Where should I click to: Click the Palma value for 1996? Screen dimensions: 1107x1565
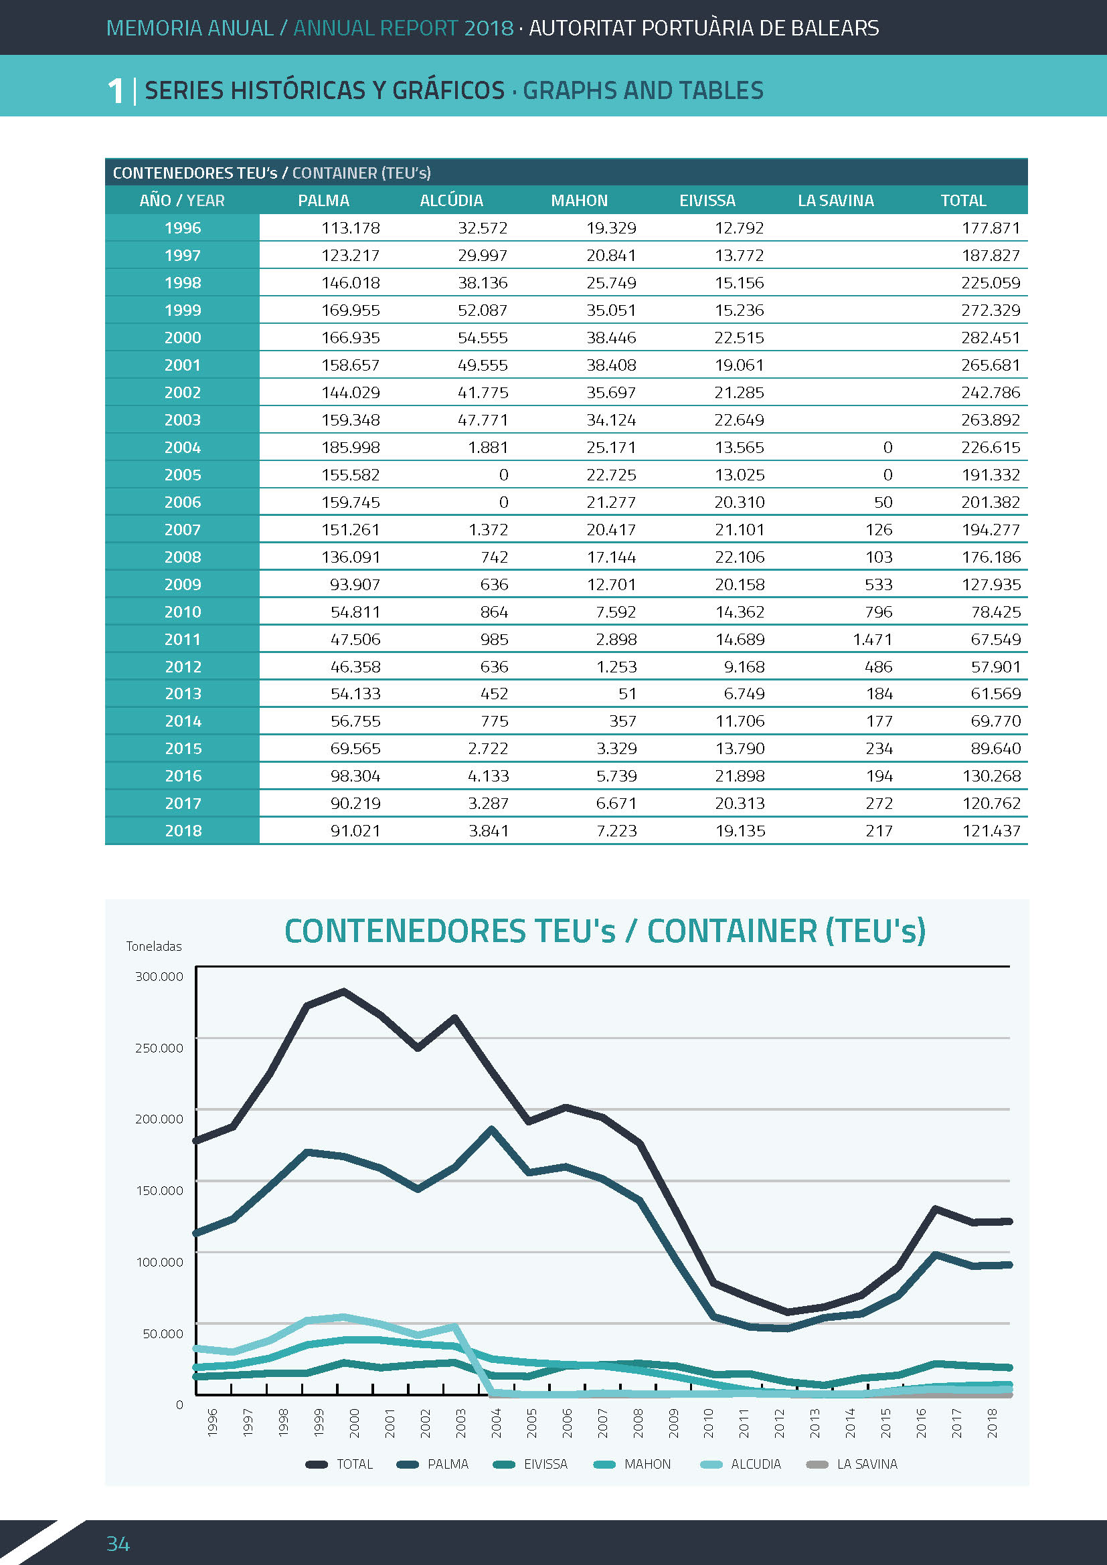coord(350,227)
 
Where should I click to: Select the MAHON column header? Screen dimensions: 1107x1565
coord(579,201)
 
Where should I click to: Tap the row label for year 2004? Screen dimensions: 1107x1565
coord(183,447)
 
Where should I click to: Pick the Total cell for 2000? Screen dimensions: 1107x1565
coord(991,337)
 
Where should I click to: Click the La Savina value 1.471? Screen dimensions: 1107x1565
coord(872,640)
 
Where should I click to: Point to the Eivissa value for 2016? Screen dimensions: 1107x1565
coord(740,775)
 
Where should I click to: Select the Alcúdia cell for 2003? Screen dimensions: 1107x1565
coord(483,420)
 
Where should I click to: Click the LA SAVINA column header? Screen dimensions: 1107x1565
coord(836,201)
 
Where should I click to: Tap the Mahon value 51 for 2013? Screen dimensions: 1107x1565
coord(627,694)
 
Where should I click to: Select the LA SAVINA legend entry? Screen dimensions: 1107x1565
coord(851,1464)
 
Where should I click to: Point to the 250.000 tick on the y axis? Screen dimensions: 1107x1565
coord(159,1048)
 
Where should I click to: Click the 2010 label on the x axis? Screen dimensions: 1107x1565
coord(708,1423)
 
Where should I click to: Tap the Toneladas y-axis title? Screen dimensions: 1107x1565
coord(154,946)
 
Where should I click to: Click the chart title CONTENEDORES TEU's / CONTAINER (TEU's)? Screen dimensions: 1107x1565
coord(604,931)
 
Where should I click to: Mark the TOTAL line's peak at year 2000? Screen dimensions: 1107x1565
coord(343,991)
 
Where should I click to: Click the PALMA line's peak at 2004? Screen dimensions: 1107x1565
coord(492,1129)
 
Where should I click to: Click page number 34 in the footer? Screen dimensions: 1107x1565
coord(118,1543)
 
